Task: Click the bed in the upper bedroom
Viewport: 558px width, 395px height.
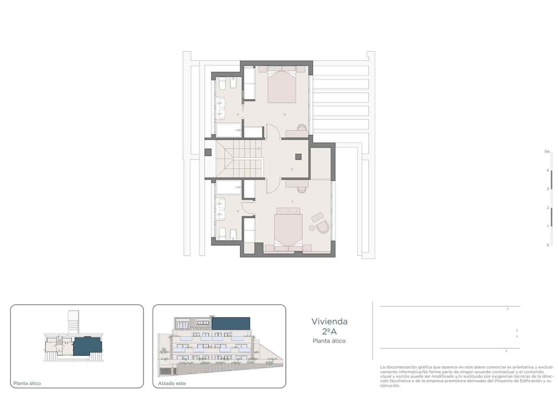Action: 282,87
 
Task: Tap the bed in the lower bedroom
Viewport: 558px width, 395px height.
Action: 288,231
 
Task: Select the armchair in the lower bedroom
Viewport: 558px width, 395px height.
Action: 323,227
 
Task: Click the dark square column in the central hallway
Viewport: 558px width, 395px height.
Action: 298,157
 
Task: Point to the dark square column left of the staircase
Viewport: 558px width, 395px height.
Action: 208,152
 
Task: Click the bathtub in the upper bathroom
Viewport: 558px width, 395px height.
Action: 228,130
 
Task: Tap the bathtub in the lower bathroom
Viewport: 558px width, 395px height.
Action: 228,187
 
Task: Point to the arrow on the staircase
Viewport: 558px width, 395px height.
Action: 259,149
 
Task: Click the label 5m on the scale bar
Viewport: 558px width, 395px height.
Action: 547,152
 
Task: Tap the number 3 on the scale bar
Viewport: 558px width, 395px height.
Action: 548,189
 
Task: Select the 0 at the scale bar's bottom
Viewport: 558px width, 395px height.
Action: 548,245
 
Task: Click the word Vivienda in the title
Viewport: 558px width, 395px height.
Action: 329,321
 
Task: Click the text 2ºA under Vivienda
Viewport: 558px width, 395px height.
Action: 329,331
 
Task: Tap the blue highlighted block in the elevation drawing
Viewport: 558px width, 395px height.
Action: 231,323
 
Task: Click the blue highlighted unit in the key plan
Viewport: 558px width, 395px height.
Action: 87,346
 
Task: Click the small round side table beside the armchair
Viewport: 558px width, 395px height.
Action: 311,228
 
